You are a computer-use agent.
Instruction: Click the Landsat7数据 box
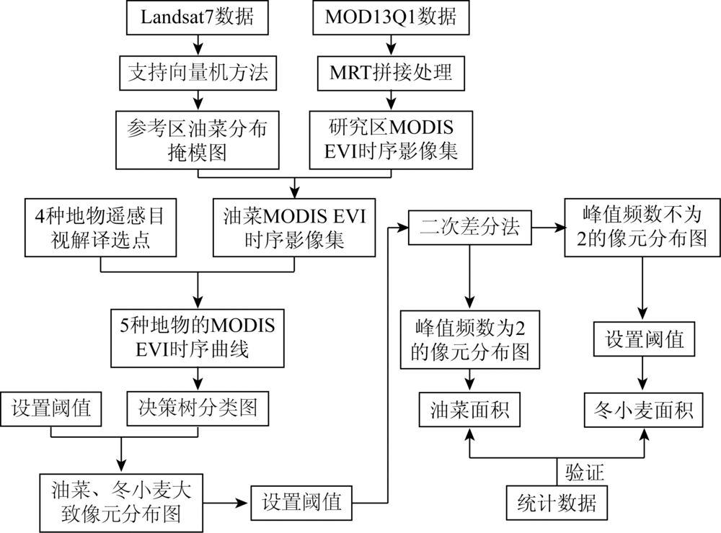click(x=198, y=17)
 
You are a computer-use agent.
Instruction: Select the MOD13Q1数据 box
click(x=391, y=17)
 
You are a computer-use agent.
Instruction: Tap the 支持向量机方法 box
click(x=198, y=73)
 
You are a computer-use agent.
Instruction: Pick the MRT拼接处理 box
click(x=391, y=73)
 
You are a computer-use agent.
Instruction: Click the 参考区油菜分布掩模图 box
click(x=198, y=140)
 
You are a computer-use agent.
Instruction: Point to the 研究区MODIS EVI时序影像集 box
click(x=391, y=140)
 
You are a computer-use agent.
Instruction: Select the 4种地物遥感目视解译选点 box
click(x=101, y=228)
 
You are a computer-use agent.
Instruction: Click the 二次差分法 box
click(x=470, y=228)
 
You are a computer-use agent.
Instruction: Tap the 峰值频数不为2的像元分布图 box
click(x=642, y=228)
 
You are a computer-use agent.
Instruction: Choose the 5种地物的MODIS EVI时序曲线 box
click(x=198, y=338)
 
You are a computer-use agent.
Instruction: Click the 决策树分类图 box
click(x=198, y=408)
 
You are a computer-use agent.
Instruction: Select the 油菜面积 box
click(x=469, y=409)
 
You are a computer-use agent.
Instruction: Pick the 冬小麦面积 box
click(x=643, y=409)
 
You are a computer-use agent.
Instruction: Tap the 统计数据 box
click(x=557, y=503)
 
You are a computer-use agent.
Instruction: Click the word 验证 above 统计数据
click(x=585, y=472)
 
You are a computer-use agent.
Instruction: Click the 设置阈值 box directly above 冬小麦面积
click(x=644, y=339)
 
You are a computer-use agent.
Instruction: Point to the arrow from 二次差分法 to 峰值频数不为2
click(x=548, y=228)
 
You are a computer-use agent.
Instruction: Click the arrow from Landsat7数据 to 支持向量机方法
click(x=198, y=45)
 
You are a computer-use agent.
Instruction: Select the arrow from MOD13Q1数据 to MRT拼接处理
click(x=391, y=45)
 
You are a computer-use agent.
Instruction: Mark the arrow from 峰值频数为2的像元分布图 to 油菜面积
click(x=469, y=380)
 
